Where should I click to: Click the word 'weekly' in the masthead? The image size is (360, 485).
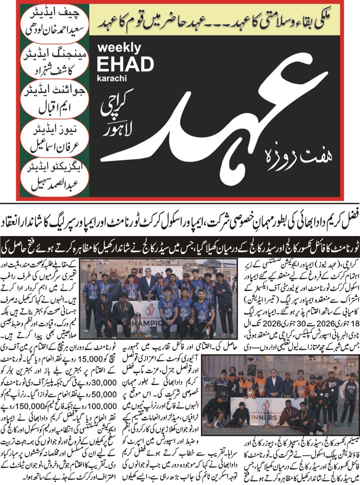[x=119, y=48]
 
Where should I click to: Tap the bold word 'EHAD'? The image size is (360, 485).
[x=125, y=65]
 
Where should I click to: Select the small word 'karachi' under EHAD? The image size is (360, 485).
[x=112, y=78]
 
